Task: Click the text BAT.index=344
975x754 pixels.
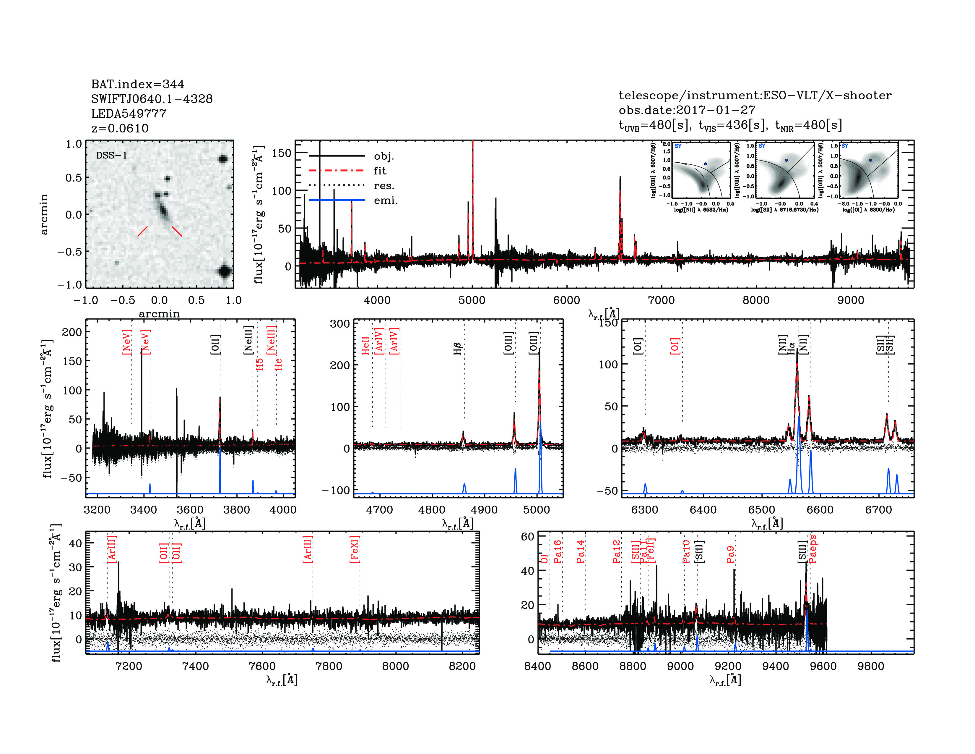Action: (x=137, y=84)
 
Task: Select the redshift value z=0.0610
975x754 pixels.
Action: (x=120, y=128)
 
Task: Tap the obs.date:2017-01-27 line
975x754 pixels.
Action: (x=687, y=110)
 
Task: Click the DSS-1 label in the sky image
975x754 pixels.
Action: (x=112, y=156)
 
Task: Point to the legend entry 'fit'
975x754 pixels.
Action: (x=380, y=171)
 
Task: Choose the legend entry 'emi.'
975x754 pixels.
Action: (x=385, y=200)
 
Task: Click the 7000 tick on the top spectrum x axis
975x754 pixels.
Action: (x=661, y=300)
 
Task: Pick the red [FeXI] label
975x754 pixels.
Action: (x=355, y=549)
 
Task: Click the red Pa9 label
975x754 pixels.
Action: (x=730, y=554)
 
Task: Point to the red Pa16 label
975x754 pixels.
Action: (x=558, y=551)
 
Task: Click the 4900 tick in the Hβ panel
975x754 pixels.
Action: (x=484, y=510)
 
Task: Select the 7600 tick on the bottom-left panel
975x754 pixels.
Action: (x=262, y=666)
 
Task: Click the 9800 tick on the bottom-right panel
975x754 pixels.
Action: (x=870, y=666)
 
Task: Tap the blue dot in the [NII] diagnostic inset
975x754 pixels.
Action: (x=705, y=164)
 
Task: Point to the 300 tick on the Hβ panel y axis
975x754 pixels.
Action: (x=340, y=323)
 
